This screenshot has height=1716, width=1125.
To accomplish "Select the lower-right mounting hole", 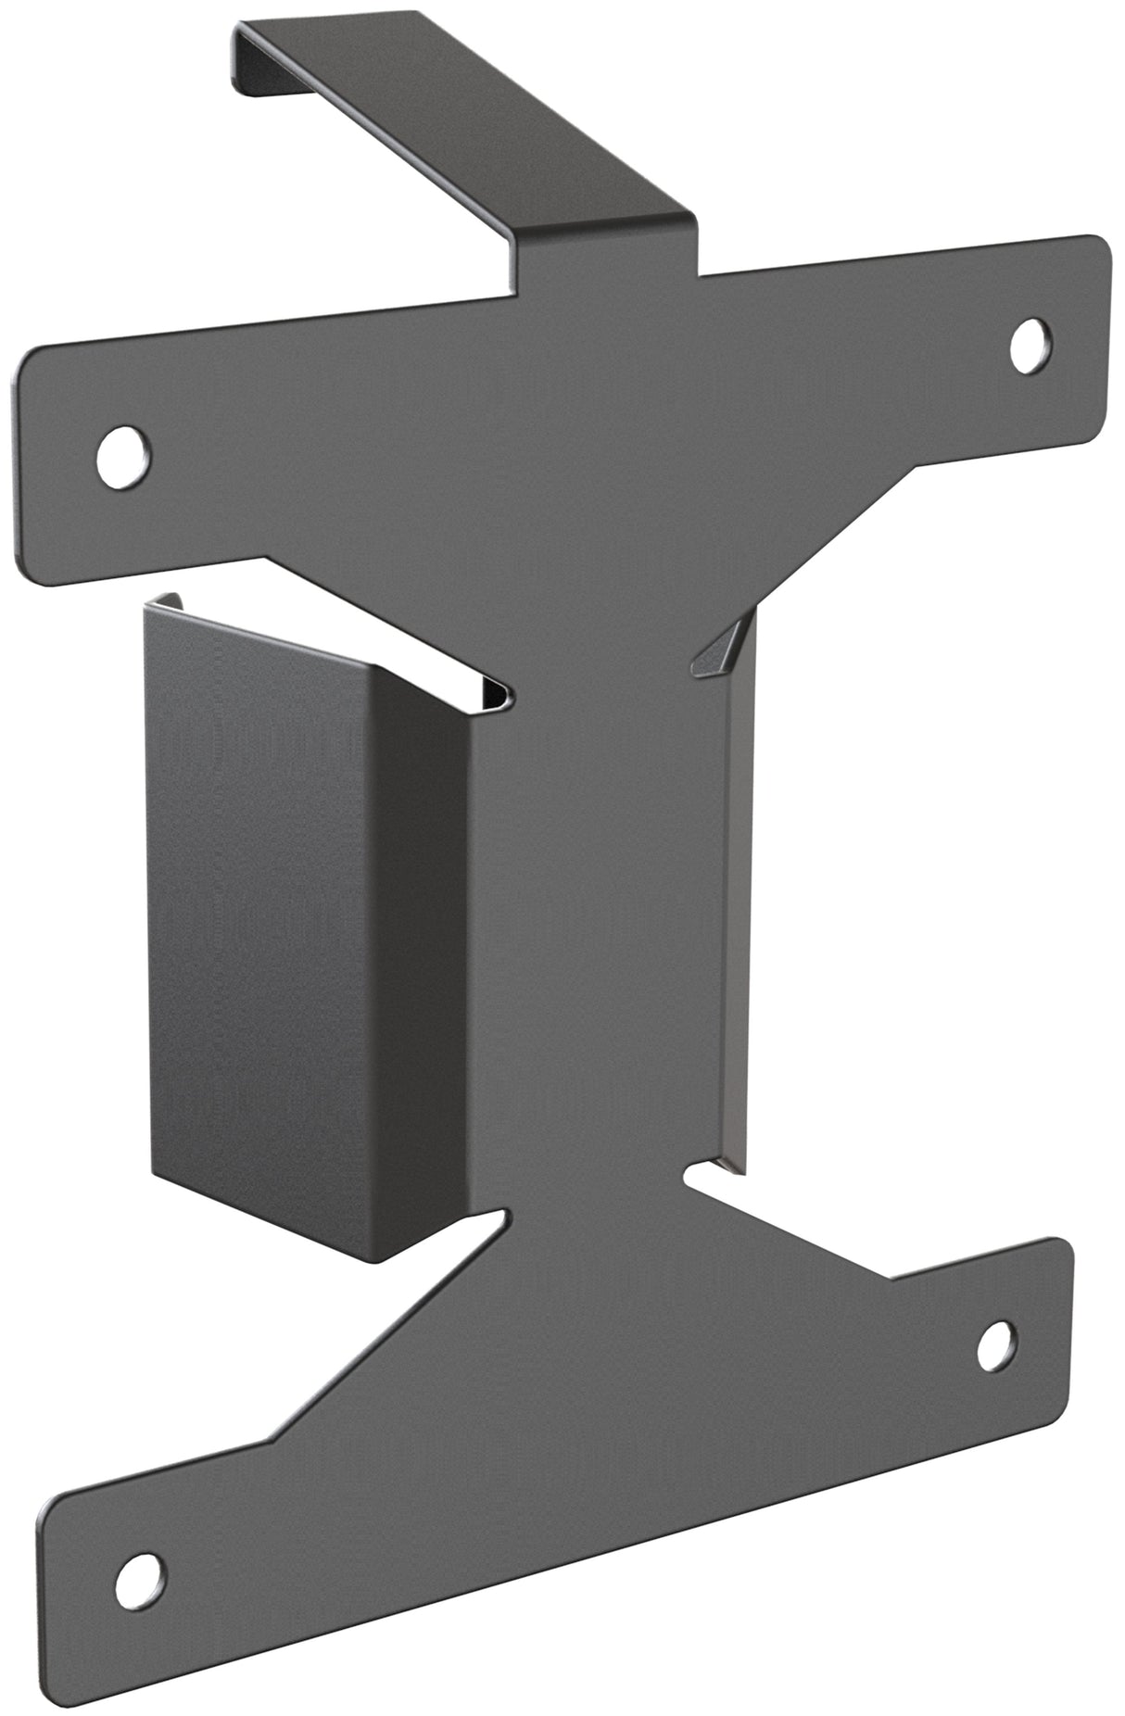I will coord(995,1344).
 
